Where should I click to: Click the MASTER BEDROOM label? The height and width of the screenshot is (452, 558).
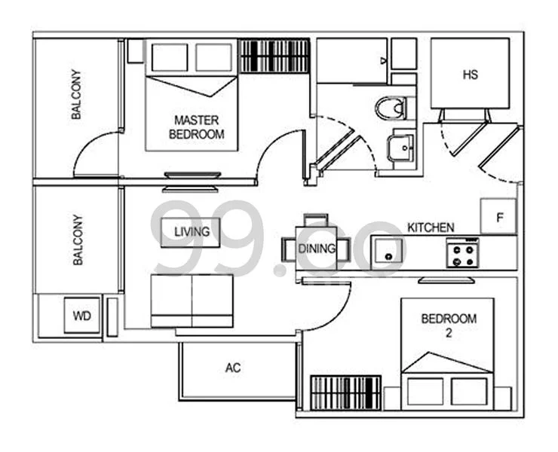tap(197, 127)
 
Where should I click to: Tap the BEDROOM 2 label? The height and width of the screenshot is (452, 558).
tap(449, 325)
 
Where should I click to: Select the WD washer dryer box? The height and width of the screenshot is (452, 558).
tap(82, 316)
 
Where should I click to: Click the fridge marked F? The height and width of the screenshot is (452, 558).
tap(498, 216)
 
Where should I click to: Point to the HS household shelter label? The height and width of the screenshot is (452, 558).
tap(470, 75)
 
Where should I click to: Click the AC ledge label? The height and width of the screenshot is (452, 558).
tap(233, 368)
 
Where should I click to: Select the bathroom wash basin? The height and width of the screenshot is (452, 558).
tap(400, 147)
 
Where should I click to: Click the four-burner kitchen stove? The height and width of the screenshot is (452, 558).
tap(462, 253)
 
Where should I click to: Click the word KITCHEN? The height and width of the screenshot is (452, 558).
tap(431, 228)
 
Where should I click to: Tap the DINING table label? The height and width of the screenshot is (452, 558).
tap(317, 249)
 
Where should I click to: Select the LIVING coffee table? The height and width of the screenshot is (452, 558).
tap(191, 232)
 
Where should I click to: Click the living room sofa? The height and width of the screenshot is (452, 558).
tap(192, 301)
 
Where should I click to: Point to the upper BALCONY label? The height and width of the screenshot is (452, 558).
tap(76, 94)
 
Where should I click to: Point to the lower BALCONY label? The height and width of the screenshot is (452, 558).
tap(78, 240)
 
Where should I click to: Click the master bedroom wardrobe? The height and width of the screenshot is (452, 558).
tap(274, 56)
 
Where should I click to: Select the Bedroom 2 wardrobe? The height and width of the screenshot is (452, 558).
tap(346, 392)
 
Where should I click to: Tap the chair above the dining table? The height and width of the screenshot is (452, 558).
tap(316, 220)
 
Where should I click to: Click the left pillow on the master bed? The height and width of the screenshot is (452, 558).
tap(170, 57)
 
